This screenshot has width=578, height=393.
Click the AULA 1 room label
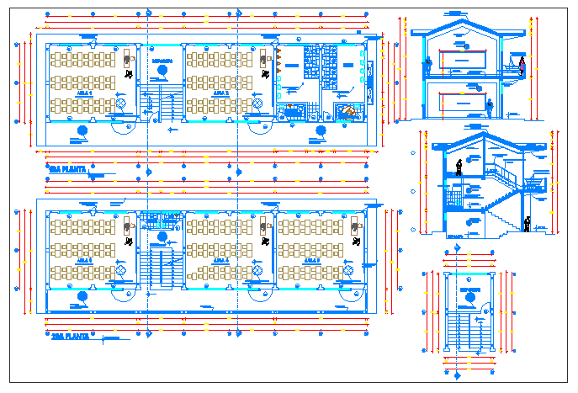click(85, 95)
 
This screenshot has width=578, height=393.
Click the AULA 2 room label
click(221, 95)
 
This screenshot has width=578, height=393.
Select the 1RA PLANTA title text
click(66, 169)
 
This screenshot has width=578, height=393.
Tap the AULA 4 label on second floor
click(221, 261)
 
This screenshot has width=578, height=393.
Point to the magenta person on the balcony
click(522, 66)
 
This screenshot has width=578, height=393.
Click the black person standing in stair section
click(459, 167)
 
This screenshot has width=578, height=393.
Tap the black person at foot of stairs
click(528, 224)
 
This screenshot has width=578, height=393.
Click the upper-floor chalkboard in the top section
click(462, 61)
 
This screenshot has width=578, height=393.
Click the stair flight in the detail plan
click(467, 332)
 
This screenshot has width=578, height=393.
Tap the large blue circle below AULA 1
click(82, 130)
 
